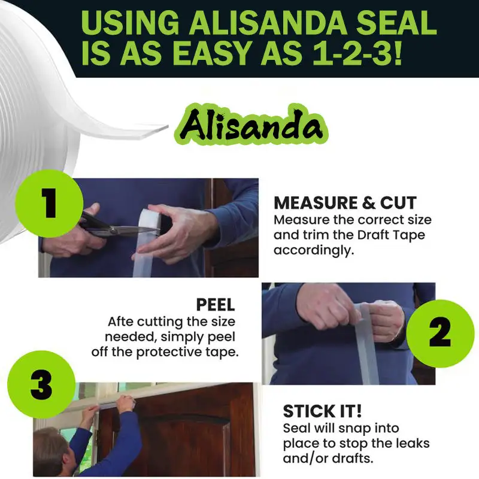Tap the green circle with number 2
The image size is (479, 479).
[439, 333]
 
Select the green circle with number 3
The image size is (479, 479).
[41, 385]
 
